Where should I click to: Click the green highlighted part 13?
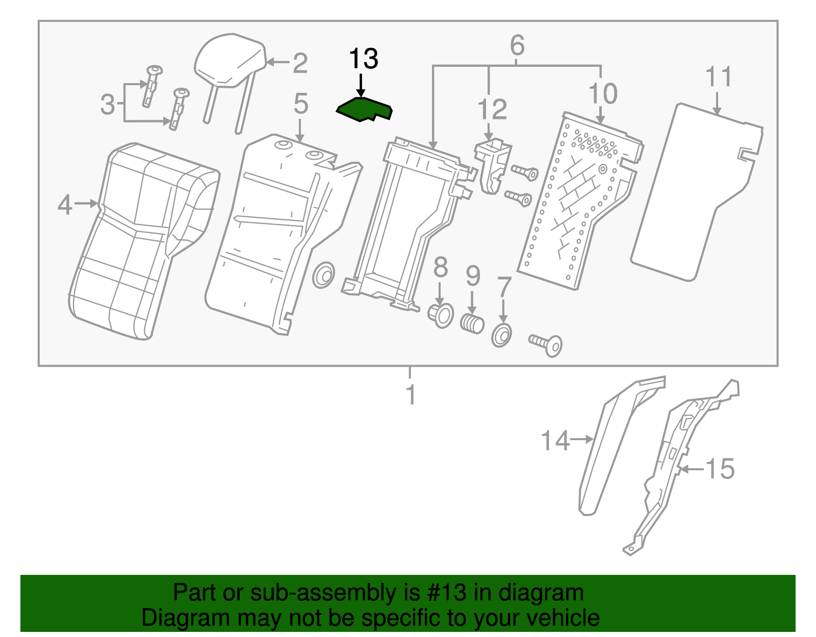363,110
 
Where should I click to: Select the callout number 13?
363,59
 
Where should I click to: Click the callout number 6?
517,46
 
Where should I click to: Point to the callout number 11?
718,78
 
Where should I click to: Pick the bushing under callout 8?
441,315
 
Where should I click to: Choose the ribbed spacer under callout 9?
472,323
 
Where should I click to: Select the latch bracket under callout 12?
493,166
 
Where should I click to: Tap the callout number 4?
65,205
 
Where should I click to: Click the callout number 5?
300,104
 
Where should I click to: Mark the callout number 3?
108,105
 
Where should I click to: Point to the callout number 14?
554,441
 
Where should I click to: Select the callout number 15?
720,468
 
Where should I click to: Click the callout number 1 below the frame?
411,395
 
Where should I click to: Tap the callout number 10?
602,94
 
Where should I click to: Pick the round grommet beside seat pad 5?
323,275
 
